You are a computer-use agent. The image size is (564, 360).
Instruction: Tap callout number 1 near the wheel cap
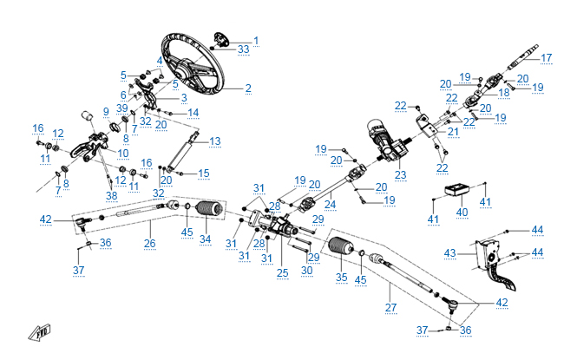click(x=256, y=40)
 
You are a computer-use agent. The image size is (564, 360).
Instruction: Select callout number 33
click(x=243, y=49)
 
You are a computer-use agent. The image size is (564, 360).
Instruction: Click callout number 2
click(x=248, y=88)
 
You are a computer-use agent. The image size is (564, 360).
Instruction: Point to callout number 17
click(x=547, y=58)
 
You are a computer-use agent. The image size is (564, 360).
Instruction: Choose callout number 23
click(x=400, y=174)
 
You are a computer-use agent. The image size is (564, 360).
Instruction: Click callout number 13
click(x=215, y=141)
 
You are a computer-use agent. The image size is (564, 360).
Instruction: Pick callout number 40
click(x=461, y=212)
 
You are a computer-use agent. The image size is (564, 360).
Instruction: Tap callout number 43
click(x=449, y=252)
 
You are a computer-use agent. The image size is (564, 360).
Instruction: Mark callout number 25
click(x=282, y=273)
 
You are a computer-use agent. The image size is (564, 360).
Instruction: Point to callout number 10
click(x=123, y=154)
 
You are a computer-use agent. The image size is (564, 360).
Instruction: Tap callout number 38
click(x=111, y=195)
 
